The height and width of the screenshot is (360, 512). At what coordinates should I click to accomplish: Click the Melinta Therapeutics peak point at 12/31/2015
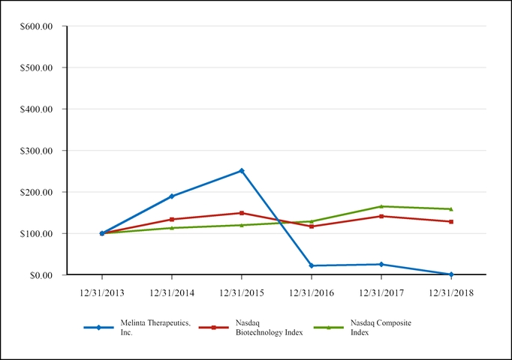click(x=242, y=171)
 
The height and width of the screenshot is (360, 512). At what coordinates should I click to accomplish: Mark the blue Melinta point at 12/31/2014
click(x=172, y=196)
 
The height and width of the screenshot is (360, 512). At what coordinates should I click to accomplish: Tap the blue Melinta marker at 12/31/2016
click(x=312, y=265)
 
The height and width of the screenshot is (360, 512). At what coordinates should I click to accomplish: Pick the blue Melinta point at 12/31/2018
click(x=451, y=274)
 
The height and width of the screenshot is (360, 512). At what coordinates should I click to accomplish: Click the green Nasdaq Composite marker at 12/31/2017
click(x=381, y=206)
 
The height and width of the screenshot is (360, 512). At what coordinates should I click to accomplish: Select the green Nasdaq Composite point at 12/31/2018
click(x=451, y=209)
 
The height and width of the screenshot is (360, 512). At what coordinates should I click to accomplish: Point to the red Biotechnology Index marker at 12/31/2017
click(x=381, y=216)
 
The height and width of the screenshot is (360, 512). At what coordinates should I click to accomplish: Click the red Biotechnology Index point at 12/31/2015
click(x=242, y=213)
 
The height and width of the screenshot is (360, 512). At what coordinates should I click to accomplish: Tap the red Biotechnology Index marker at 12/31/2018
click(x=451, y=222)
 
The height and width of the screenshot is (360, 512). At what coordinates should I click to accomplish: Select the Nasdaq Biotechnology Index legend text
click(x=267, y=327)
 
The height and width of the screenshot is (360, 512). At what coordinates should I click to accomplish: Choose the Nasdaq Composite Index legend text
click(x=381, y=327)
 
